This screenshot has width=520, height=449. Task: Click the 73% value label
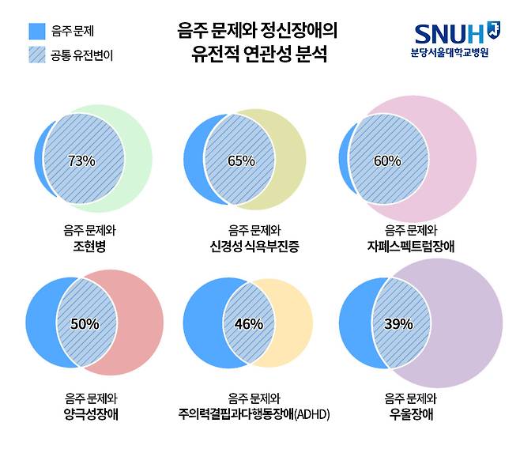tap(81, 161)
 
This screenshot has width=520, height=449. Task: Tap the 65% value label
tap(241, 161)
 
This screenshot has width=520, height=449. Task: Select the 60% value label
tap(387, 161)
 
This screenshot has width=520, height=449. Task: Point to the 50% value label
tap(85, 323)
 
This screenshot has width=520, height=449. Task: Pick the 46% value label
tap(248, 323)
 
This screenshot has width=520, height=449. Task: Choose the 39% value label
tap(398, 323)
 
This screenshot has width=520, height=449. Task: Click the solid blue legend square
tap(36, 32)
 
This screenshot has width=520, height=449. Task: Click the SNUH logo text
tap(449, 34)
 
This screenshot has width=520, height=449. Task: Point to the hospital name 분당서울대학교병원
tap(450, 53)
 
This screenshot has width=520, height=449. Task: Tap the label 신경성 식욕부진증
tap(249, 246)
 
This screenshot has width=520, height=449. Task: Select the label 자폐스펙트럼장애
tap(410, 246)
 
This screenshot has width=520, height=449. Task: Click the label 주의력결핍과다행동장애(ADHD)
tap(254, 413)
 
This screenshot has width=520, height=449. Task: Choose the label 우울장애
tap(410, 413)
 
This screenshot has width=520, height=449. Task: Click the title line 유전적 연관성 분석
tap(257, 56)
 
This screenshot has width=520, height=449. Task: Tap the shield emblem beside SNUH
tap(494, 30)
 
